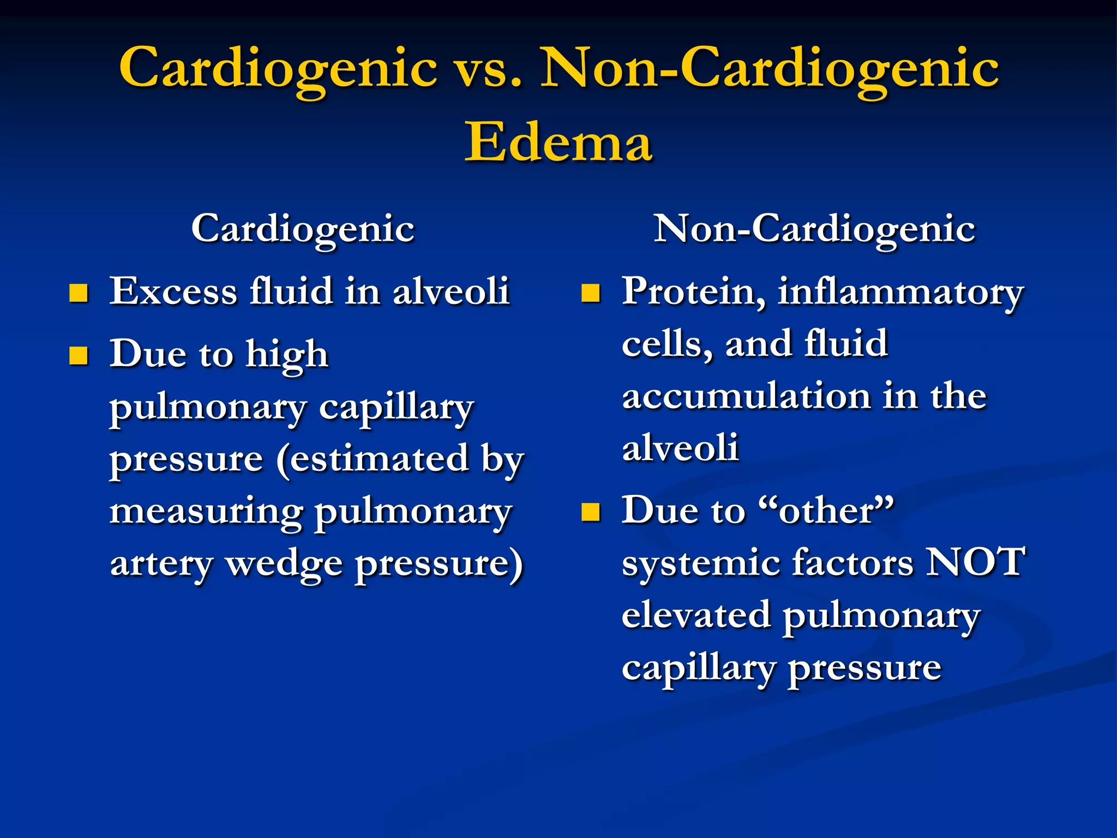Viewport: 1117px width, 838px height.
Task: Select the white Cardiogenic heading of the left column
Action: pos(303,229)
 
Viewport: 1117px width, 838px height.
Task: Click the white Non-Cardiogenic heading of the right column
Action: pos(814,229)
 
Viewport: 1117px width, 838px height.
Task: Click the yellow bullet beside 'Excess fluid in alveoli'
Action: pos(79,293)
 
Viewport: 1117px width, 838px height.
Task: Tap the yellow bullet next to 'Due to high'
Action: pos(79,356)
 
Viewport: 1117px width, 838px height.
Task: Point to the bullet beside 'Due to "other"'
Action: pos(591,512)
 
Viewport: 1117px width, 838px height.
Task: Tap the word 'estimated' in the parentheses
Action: pos(379,459)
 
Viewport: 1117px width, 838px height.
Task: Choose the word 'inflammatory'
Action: pos(900,293)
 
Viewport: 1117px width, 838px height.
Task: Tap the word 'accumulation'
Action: pos(746,397)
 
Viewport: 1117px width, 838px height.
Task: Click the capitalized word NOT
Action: pos(976,561)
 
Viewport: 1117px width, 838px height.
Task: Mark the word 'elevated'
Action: pos(696,615)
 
